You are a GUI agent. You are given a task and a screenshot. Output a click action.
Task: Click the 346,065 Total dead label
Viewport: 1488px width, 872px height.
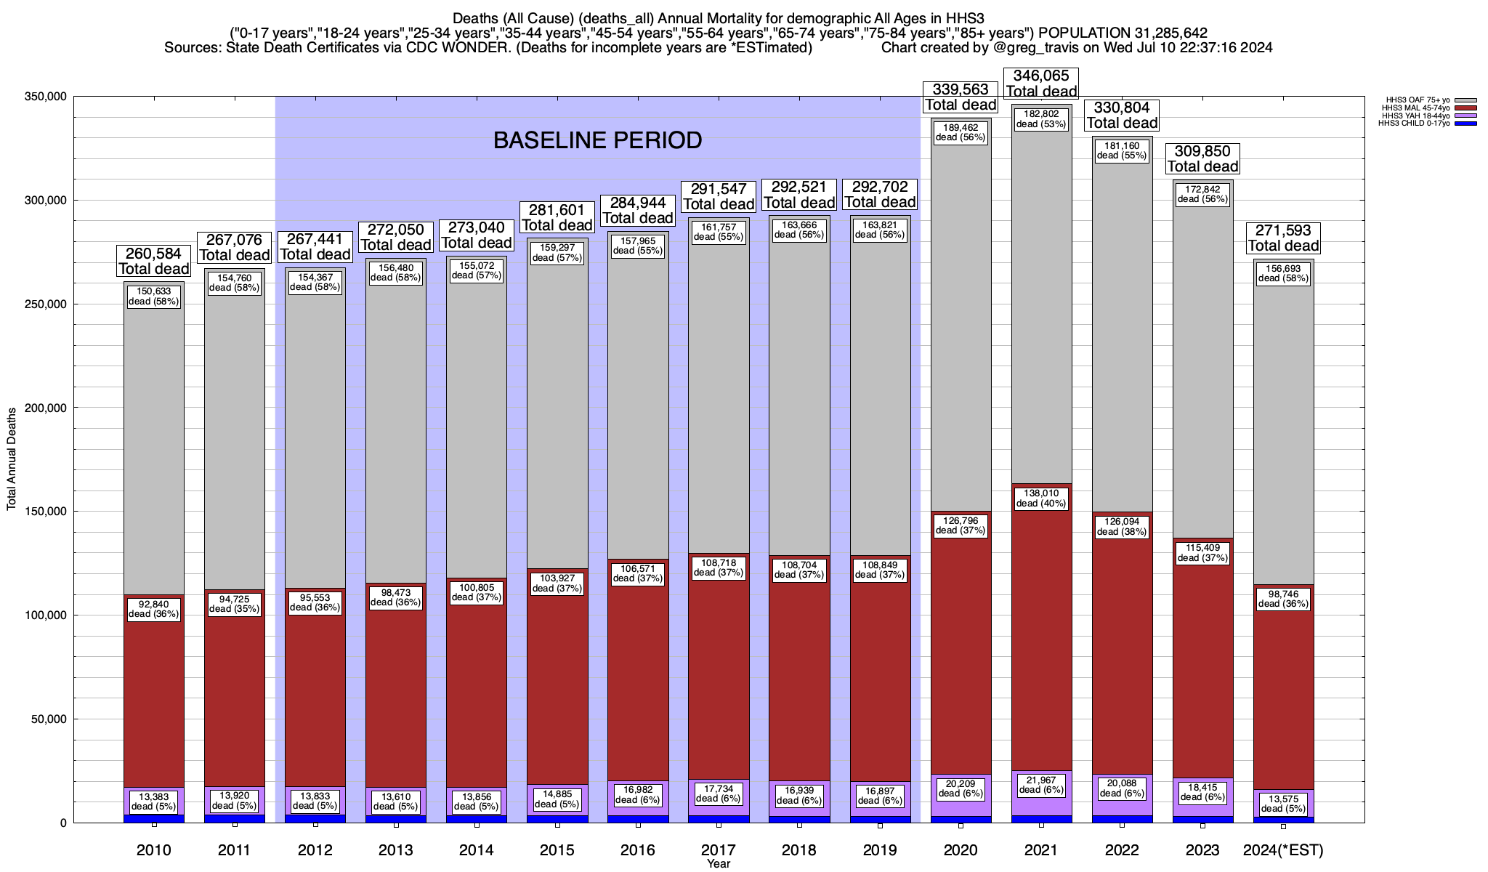(1041, 84)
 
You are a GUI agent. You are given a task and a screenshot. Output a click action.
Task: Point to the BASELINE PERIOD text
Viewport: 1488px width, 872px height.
(597, 140)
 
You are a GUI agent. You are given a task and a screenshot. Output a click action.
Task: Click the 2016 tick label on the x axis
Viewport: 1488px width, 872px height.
(638, 849)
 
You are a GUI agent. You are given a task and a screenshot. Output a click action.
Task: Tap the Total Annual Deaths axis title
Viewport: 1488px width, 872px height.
(12, 459)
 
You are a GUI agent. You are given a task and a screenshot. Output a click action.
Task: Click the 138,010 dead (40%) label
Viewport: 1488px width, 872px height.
(1041, 498)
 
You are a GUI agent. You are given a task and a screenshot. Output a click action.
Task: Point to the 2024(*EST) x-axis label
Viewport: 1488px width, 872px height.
(1283, 849)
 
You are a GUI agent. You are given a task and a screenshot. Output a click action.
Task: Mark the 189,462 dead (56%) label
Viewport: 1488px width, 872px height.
(961, 132)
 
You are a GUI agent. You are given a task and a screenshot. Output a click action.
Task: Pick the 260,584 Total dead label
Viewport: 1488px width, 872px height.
(154, 261)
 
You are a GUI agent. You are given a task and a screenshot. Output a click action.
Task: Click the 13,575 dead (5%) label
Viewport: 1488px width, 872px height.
(1283, 803)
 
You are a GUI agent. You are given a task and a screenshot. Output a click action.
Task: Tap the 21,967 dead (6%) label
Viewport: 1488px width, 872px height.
(1041, 785)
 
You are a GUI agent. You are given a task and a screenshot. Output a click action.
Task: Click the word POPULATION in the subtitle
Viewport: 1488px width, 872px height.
(1082, 33)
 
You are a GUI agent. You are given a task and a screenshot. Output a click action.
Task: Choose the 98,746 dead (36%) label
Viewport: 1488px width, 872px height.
(1283, 599)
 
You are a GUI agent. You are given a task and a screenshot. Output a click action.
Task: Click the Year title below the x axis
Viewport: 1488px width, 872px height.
(719, 863)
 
